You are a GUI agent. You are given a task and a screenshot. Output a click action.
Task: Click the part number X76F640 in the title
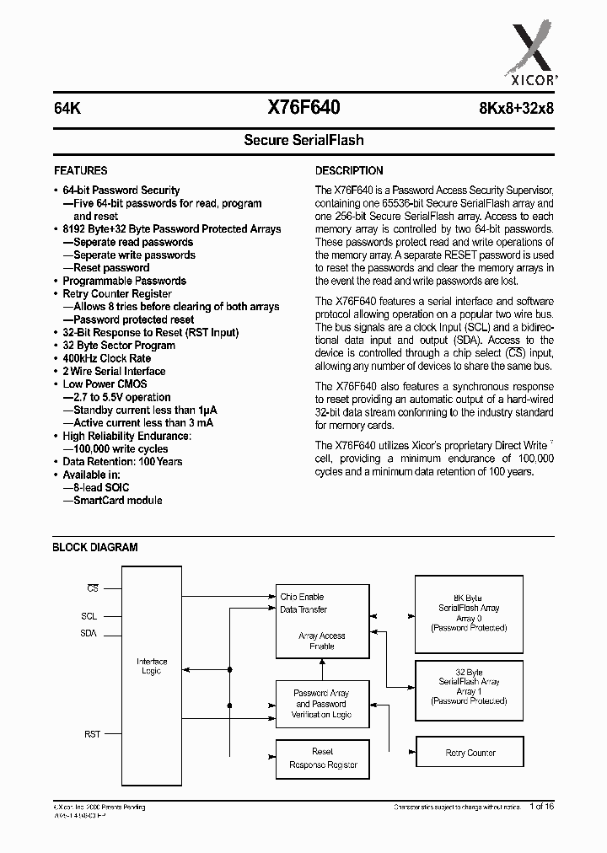pos(303,107)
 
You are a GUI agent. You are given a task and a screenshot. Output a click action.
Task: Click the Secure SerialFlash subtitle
pos(303,140)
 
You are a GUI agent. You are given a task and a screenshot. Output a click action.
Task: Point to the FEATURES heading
pos(80,170)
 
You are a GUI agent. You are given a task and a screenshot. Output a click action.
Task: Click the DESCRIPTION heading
pos(349,170)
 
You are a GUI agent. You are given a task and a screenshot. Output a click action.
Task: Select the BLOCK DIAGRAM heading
pos(94,547)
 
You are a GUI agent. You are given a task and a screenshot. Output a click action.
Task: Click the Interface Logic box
pos(152,666)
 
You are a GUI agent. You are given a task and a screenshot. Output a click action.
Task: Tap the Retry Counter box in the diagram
pos(470,753)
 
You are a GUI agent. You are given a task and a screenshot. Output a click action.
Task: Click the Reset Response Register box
pos(323,758)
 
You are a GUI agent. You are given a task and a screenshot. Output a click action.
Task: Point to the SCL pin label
pos(89,616)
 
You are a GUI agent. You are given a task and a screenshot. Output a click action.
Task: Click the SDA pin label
pos(89,633)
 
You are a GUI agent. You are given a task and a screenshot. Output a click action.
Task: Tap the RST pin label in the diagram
pos(92,734)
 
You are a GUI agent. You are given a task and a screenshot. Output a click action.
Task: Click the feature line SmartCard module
pos(117,500)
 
